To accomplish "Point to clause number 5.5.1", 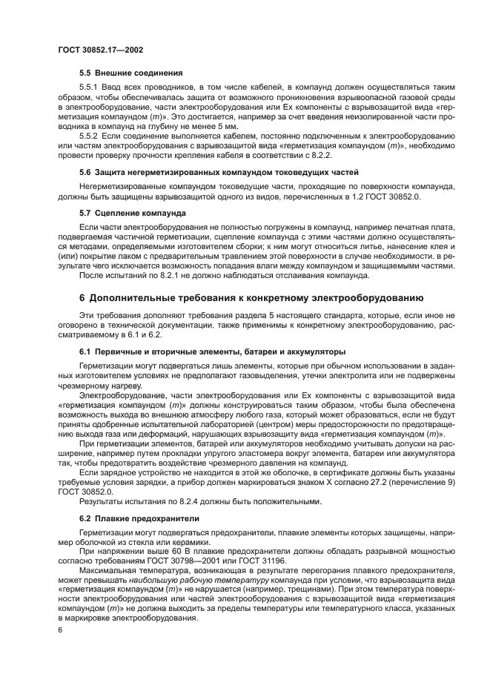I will pos(89,87).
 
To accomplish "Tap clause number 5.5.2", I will pos(89,136).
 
